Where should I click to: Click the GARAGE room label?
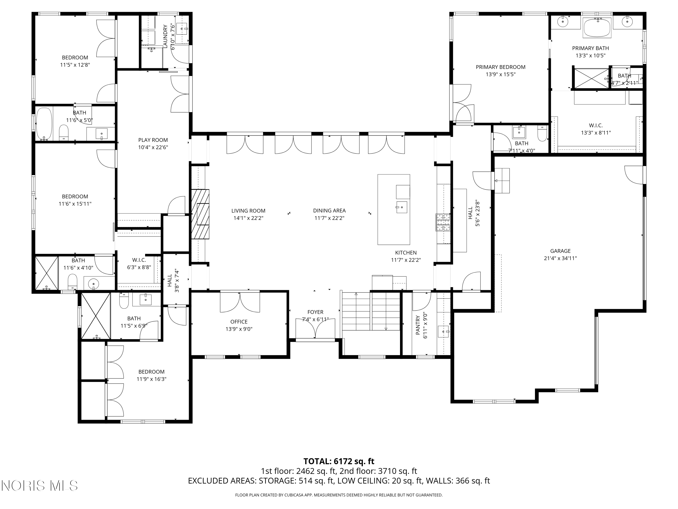click(560, 251)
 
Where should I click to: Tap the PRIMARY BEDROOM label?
click(501, 67)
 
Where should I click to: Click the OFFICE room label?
click(239, 321)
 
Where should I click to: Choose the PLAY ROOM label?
click(153, 140)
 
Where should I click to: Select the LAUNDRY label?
click(165, 36)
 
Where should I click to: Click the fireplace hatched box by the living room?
click(200, 214)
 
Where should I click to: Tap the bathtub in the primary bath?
click(597, 28)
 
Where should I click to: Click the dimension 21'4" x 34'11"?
click(560, 258)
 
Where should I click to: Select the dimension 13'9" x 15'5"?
click(501, 74)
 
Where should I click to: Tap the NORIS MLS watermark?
click(40, 485)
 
